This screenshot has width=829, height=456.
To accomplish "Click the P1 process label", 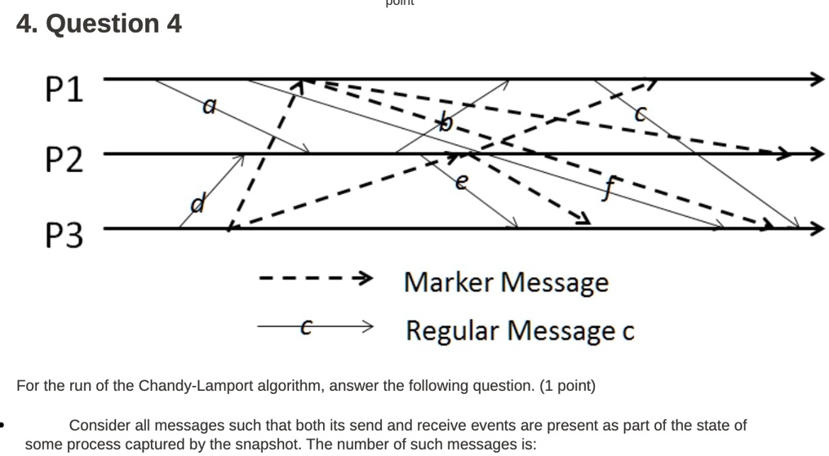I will click(64, 88).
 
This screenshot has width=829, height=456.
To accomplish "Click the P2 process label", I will click(64, 160).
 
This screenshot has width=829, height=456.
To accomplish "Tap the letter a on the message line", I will click(210, 105).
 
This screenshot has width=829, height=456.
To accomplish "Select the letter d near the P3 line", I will click(196, 201).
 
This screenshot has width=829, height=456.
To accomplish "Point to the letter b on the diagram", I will click(445, 123).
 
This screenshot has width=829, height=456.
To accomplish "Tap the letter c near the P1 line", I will click(641, 115).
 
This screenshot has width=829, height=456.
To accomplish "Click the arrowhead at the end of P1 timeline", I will click(817, 78).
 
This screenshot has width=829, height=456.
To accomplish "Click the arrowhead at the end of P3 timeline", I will click(817, 229).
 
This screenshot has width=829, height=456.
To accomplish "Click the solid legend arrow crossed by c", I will click(315, 327).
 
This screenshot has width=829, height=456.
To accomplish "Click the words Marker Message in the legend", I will click(506, 282).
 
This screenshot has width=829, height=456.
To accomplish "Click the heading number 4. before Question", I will click(27, 24).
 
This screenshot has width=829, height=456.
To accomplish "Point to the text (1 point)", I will click(567, 386).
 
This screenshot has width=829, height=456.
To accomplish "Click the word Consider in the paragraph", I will click(100, 425).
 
